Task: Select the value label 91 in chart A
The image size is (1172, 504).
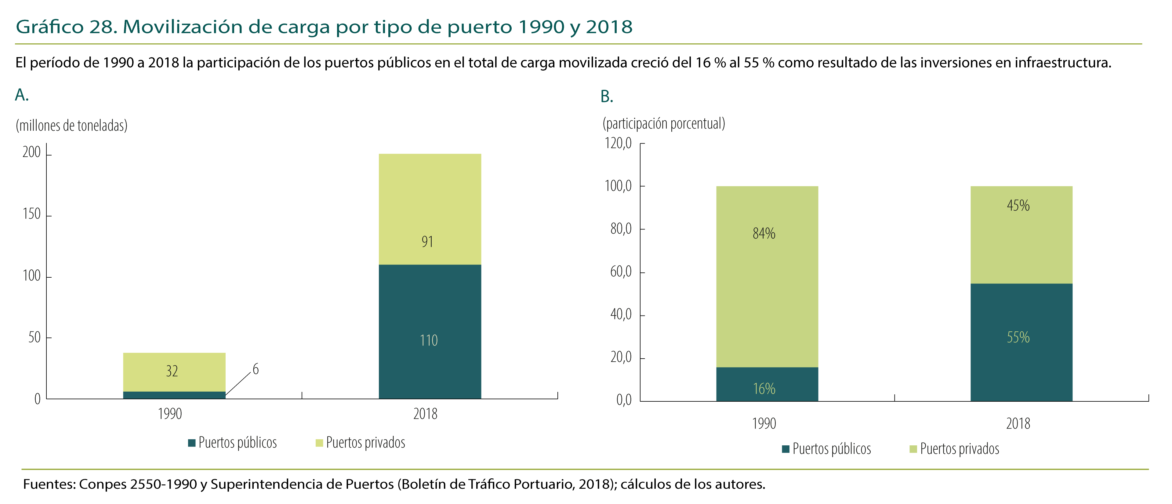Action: coord(427,241)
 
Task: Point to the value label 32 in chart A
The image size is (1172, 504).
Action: coord(172,371)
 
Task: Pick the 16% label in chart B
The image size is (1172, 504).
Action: coord(764,388)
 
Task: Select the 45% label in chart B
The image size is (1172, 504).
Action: coord(1018,205)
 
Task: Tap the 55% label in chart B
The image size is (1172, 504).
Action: coord(1018,337)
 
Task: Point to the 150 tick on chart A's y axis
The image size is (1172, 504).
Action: coord(31,214)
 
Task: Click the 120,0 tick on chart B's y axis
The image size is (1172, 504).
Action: coord(618,144)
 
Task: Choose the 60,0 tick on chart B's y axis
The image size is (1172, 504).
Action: coord(621,272)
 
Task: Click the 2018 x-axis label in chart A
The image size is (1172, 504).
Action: coord(425,414)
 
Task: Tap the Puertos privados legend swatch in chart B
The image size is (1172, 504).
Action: coord(913,449)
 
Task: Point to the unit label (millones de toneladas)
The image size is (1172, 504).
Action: coord(71,126)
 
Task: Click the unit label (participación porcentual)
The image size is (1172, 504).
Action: coord(664,123)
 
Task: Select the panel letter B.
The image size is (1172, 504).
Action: coord(607,97)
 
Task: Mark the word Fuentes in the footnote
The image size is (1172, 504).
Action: coord(49,484)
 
